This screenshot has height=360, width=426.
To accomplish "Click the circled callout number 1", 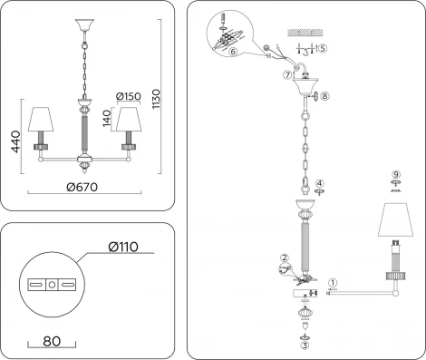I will [x=333, y=282].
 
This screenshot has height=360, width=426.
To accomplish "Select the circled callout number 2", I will [x=285, y=258].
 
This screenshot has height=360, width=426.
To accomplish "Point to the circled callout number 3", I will [x=305, y=345].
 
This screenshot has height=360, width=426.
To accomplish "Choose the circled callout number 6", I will [x=233, y=53].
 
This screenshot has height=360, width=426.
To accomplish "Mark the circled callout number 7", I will [x=287, y=74].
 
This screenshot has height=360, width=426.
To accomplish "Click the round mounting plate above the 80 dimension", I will [x=52, y=284].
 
